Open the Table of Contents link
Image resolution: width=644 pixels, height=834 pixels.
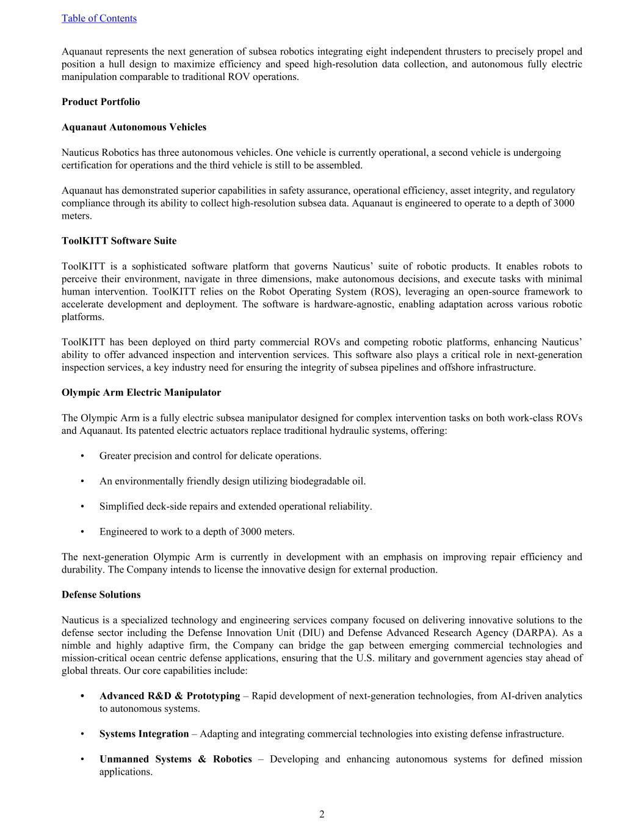pos(99,18)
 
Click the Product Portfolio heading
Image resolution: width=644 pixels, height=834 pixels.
pos(101,102)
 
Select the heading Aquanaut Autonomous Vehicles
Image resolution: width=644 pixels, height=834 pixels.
pos(134,127)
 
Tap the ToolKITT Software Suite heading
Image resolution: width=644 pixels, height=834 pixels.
pos(119,241)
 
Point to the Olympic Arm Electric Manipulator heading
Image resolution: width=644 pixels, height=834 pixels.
pos(141,392)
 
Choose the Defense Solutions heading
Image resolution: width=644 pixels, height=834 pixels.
pos(101,594)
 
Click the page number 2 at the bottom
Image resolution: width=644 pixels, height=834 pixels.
pos(322,814)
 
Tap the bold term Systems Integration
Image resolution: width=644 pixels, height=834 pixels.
pos(144,734)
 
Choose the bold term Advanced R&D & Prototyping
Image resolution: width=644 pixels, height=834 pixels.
pos(170,696)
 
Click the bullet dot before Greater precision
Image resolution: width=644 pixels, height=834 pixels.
pos(82,456)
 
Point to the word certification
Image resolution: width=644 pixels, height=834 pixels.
pos(88,165)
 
